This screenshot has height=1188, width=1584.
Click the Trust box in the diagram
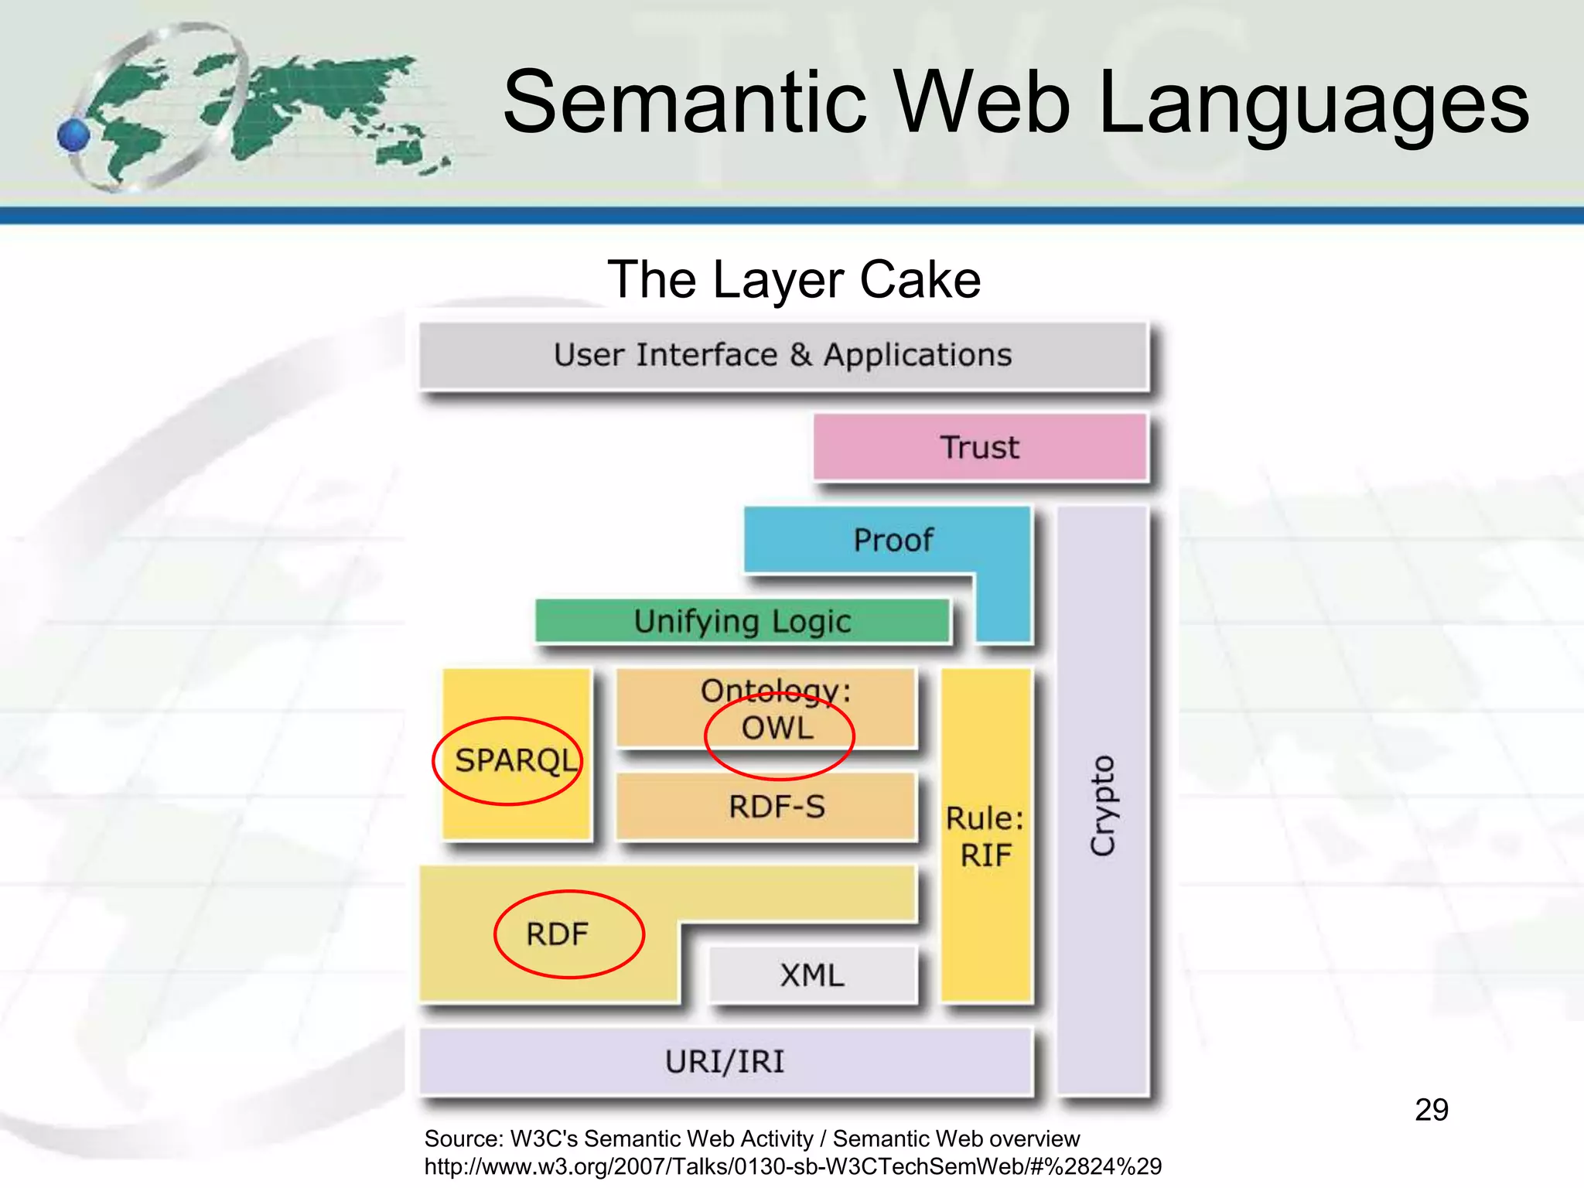[979, 448]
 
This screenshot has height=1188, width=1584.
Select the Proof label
[893, 540]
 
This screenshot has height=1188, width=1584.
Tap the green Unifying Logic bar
[742, 621]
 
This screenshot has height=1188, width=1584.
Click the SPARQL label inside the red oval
[516, 760]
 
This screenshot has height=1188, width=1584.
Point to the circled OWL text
[777, 729]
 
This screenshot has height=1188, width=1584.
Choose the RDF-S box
[776, 807]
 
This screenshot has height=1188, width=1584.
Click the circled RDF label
[557, 934]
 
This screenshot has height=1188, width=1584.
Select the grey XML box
[812, 975]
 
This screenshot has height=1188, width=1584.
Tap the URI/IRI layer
[725, 1062]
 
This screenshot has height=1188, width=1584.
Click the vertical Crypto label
[1102, 805]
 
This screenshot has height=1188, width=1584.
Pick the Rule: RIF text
[985, 837]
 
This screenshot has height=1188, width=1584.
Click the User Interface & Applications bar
[782, 355]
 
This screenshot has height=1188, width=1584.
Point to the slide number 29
[1431, 1110]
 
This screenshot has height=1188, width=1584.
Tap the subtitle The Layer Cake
[794, 279]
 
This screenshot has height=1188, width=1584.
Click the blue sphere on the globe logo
[74, 135]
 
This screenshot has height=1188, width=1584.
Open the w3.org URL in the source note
[792, 1166]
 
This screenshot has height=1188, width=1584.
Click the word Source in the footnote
[463, 1138]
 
